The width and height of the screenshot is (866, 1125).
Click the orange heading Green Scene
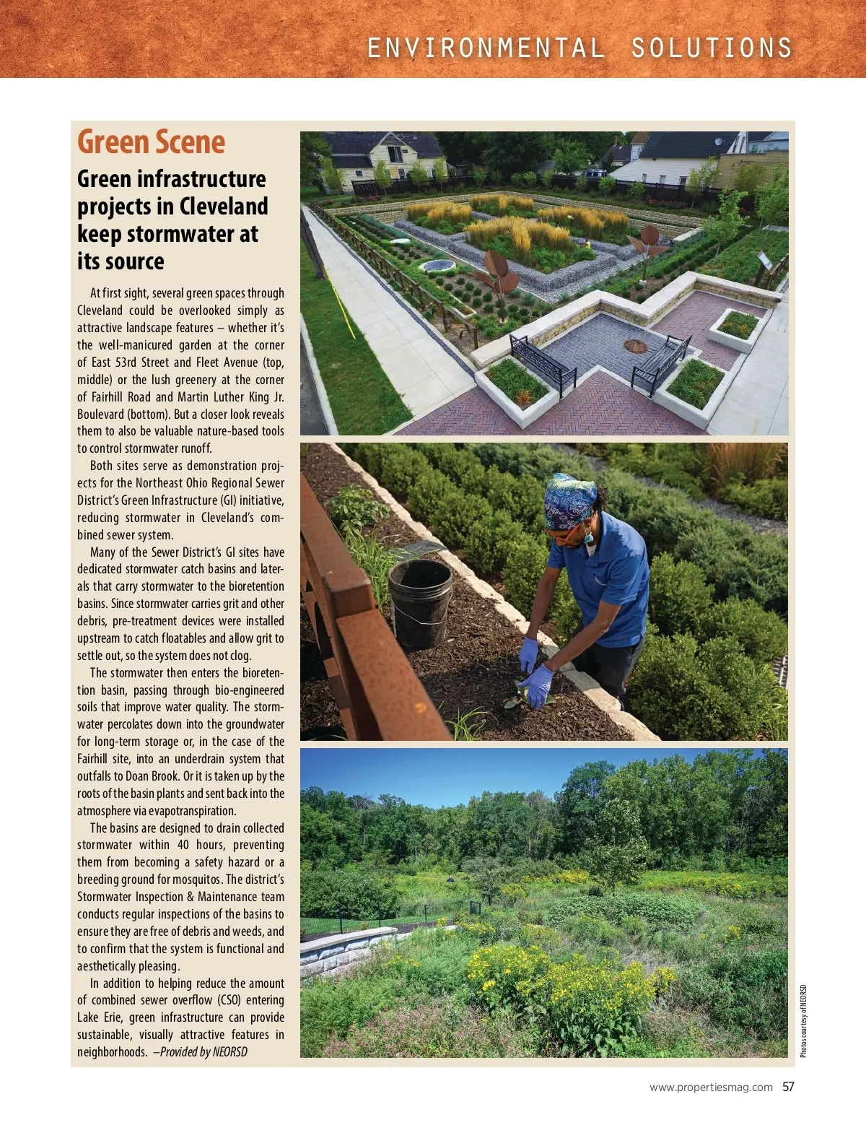(x=151, y=142)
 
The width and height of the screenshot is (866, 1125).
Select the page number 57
(x=788, y=1087)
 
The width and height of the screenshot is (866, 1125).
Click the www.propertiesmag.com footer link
(x=711, y=1087)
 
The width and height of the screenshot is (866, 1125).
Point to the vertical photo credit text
(x=804, y=1021)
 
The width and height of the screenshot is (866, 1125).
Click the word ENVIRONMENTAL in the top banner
(x=486, y=48)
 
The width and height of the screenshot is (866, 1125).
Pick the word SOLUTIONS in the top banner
(x=712, y=48)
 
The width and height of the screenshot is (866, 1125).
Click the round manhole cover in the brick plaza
(x=635, y=346)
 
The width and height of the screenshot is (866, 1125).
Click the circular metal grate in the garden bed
(x=437, y=266)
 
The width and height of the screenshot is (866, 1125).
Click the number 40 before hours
(x=183, y=845)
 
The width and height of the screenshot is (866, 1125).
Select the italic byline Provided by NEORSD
(x=204, y=1052)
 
